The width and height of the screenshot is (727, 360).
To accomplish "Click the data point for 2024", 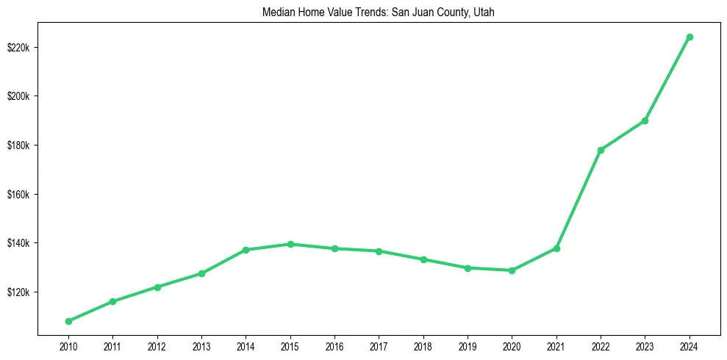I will (690, 37).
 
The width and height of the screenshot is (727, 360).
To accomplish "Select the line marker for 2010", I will (68, 321).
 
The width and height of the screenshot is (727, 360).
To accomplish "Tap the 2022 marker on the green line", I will (601, 150).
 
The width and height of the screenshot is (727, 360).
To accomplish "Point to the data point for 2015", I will (290, 244).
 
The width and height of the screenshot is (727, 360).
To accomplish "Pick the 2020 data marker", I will (512, 270).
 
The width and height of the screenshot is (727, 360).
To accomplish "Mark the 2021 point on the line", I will (556, 248).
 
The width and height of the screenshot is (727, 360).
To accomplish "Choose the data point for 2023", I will (645, 120).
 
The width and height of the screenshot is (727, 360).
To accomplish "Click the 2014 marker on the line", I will (246, 250).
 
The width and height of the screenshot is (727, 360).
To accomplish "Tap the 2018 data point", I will (423, 259).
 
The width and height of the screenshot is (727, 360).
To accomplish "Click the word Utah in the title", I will (484, 12).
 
